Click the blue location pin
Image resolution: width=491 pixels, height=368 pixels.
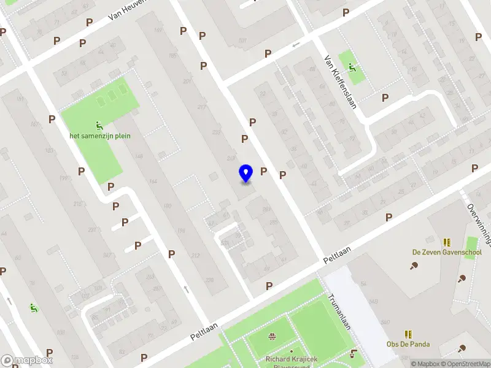[x=246, y=173]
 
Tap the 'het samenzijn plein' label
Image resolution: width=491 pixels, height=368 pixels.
[x=100, y=136]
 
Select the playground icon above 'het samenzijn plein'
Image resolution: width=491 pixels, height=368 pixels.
[x=100, y=125]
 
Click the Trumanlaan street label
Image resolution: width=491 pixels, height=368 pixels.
[x=339, y=313]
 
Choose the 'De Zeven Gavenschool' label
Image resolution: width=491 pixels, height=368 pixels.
[x=446, y=252]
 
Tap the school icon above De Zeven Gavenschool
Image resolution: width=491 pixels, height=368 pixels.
[x=446, y=242]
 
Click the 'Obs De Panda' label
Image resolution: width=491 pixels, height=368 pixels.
[x=408, y=344]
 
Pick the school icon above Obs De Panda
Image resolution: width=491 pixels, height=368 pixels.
[x=408, y=334]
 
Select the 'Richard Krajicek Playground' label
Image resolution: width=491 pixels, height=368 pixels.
[x=289, y=362]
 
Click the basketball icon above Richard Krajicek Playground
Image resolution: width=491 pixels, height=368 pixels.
[x=272, y=335]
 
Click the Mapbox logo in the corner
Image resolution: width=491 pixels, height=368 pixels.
[x=27, y=360]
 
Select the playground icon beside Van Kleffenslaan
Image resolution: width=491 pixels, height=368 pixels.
[x=352, y=67]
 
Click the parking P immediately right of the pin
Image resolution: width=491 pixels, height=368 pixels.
[x=264, y=172]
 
